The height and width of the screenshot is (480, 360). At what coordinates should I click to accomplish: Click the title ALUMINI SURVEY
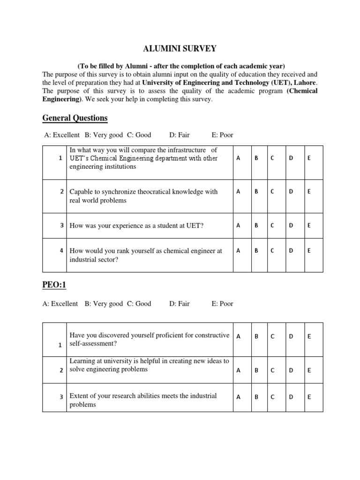pyautogui.click(x=180, y=48)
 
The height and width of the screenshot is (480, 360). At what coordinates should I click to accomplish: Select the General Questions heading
pyautogui.click(x=75, y=118)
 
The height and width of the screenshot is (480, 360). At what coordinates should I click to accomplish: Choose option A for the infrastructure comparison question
pyautogui.click(x=238, y=158)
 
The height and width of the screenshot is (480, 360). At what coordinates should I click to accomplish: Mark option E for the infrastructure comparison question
pyautogui.click(x=309, y=158)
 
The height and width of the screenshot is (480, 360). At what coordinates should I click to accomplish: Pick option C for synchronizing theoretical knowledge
pyautogui.click(x=272, y=191)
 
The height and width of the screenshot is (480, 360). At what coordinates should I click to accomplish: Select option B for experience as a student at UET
pyautogui.click(x=256, y=225)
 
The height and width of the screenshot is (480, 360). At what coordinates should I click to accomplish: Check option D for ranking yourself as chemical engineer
pyautogui.click(x=291, y=251)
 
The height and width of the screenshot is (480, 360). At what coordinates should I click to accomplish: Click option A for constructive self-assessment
pyautogui.click(x=238, y=337)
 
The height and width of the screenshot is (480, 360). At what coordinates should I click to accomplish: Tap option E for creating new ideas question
pyautogui.click(x=309, y=370)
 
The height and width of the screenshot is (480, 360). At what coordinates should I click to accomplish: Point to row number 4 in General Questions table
pyautogui.click(x=61, y=251)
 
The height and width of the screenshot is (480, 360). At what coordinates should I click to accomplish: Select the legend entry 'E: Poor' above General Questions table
pyautogui.click(x=222, y=135)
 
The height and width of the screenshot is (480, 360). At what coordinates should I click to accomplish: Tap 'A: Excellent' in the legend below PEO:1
pyautogui.click(x=60, y=303)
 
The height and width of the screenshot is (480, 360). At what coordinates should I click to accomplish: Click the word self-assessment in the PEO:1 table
pyautogui.click(x=93, y=344)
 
